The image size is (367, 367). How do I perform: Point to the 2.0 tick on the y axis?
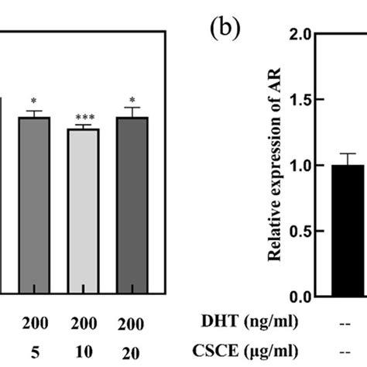302,35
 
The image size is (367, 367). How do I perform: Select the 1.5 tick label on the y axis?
302,101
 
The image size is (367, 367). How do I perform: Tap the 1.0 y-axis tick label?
302,166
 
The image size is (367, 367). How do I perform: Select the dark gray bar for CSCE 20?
132,205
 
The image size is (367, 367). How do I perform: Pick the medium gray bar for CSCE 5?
33,205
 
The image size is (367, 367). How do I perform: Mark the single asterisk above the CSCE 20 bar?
132,99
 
